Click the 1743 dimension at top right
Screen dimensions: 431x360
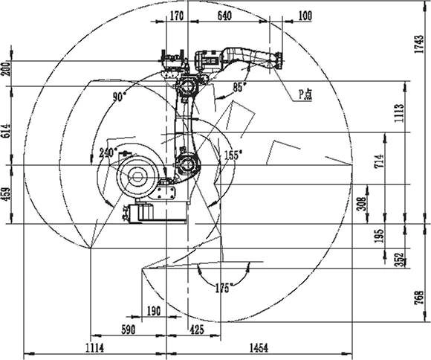tap(419, 45)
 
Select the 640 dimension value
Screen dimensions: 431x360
tap(224, 16)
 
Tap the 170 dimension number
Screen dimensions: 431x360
tap(176, 16)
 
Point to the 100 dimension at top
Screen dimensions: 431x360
tap(305, 16)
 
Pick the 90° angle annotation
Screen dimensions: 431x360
tap(120, 97)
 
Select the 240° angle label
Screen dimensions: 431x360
tap(108, 152)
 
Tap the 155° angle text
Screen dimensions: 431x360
tap(233, 155)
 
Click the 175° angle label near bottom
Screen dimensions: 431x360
tap(222, 288)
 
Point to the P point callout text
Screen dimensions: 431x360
tap(305, 95)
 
